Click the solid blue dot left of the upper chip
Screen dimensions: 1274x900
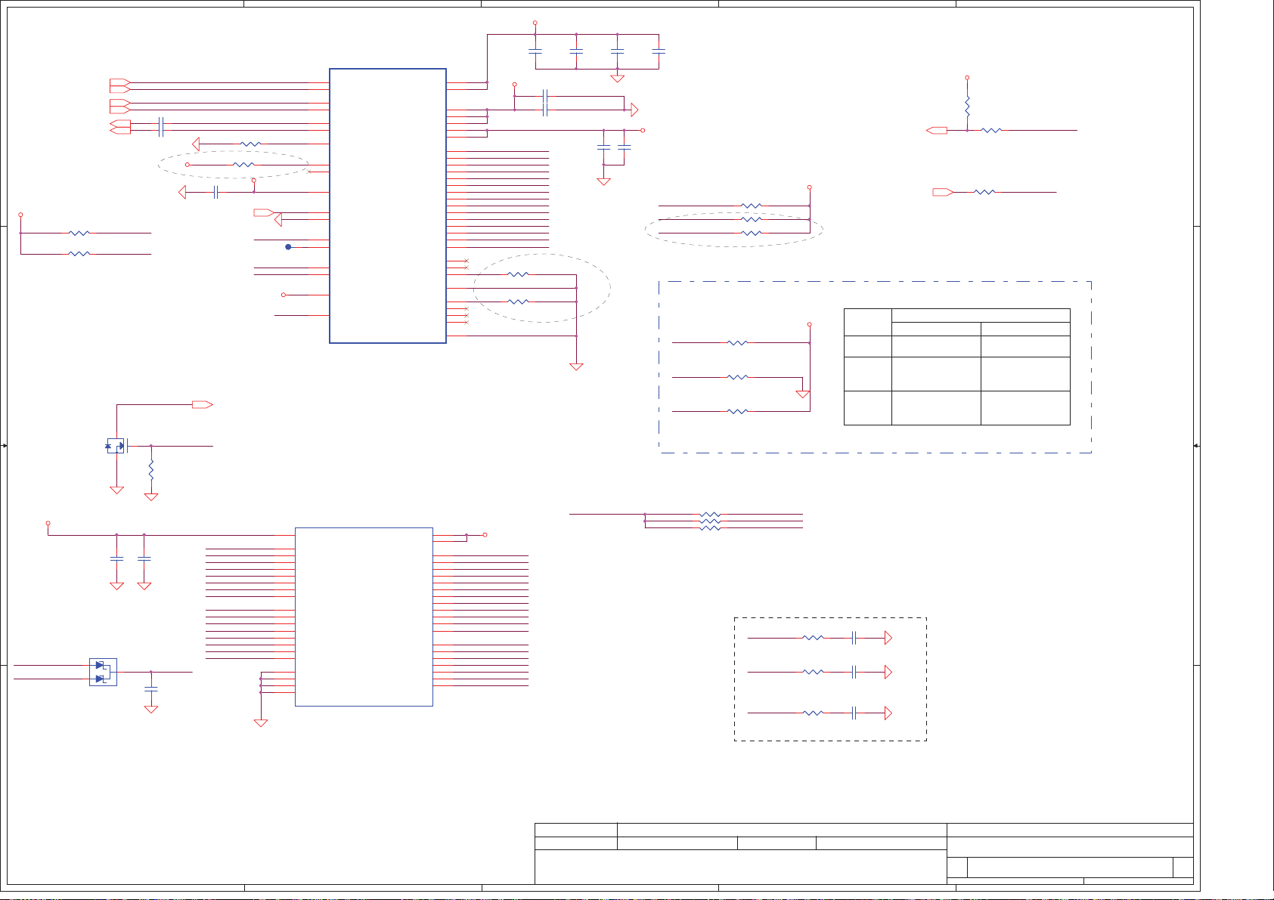click(288, 247)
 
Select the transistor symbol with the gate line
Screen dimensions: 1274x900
click(116, 446)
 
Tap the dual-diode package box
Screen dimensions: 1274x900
click(103, 672)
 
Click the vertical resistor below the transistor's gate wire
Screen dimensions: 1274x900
click(151, 470)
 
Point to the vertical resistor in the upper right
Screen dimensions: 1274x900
click(967, 105)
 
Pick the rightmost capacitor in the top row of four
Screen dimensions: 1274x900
click(659, 51)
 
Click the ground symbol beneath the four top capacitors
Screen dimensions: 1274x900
click(617, 78)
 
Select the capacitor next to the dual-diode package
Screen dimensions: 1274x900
click(151, 689)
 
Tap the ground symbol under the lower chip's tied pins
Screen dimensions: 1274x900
click(261, 723)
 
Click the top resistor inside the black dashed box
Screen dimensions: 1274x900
click(813, 638)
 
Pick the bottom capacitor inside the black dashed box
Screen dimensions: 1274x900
click(854, 713)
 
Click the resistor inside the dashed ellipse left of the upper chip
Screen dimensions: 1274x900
click(243, 165)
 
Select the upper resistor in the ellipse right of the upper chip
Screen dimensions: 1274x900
click(518, 274)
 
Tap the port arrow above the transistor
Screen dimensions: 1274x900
click(203, 404)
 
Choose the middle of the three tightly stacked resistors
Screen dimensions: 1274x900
click(710, 521)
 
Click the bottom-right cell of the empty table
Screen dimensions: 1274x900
click(1024, 407)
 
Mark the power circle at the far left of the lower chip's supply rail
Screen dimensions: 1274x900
click(48, 523)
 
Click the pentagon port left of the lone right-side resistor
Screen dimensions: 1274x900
click(942, 192)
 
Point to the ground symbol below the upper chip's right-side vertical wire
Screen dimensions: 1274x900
click(576, 366)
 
